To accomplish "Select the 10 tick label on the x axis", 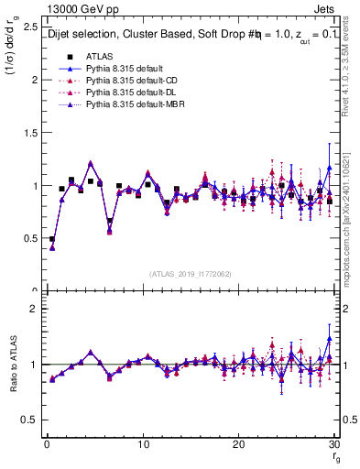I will (x=143, y=444).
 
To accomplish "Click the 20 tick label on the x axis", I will (x=238, y=444).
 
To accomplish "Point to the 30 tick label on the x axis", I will (x=333, y=444).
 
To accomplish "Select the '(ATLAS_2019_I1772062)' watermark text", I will (x=191, y=274).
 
